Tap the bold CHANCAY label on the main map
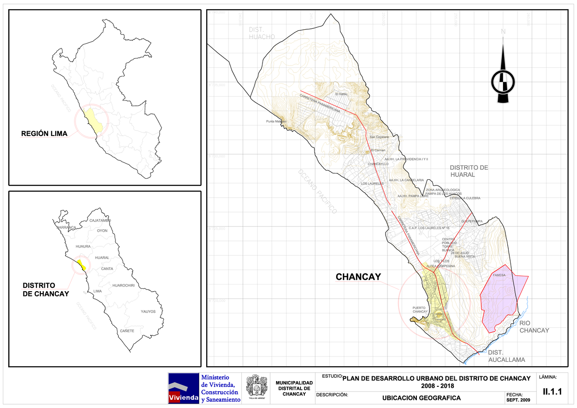point(358,277)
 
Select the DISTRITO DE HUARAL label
point(469,171)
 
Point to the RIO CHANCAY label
point(534,327)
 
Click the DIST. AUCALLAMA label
point(506,356)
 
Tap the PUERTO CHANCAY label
point(420,309)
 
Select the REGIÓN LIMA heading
point(44,133)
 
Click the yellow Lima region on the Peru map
point(93,122)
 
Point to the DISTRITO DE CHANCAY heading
point(46,289)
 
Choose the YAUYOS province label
point(148,311)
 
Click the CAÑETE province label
point(127,331)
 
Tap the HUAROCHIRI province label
point(123,285)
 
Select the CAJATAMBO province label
point(100,220)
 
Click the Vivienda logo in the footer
point(183,388)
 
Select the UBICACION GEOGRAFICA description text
point(421,398)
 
